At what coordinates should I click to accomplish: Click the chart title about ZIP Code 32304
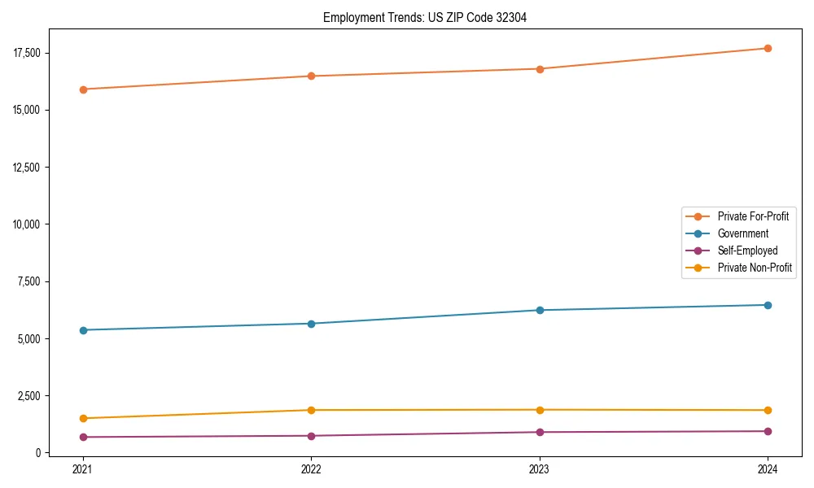coord(425,17)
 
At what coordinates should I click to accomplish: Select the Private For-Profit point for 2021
coord(83,89)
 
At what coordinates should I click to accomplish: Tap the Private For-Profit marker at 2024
coord(768,48)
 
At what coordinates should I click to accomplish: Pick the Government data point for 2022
coord(311,324)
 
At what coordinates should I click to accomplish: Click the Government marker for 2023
coord(540,310)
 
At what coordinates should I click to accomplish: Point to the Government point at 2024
coord(768,305)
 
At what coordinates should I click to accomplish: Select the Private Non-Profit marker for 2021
coord(83,418)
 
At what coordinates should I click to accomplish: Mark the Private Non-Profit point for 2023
coord(540,410)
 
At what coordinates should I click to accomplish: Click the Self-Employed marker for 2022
coord(311,436)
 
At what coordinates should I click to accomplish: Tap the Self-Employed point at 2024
coord(768,431)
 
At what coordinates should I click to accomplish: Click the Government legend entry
coord(742,233)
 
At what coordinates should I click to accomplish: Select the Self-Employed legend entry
coord(747,251)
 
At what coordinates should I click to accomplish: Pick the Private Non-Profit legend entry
coord(755,268)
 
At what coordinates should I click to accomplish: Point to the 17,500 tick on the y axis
coord(26,53)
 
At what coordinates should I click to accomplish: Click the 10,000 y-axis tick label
coord(26,224)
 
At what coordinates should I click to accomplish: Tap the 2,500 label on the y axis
coord(28,395)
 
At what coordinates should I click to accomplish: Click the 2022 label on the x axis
coord(311,468)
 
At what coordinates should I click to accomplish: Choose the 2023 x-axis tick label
coord(540,468)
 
